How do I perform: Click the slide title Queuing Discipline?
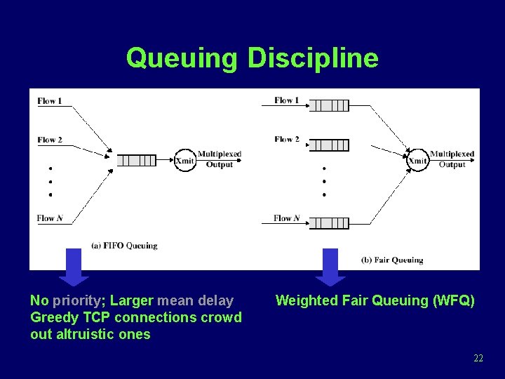252,58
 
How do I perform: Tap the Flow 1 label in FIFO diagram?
50,101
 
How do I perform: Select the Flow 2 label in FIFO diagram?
50,140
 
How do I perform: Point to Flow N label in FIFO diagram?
50,218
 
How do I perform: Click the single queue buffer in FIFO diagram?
136,160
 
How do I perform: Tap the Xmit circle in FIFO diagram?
184,160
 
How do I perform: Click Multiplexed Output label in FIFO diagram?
220,159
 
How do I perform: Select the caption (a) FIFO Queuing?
124,246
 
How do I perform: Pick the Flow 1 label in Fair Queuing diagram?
287,100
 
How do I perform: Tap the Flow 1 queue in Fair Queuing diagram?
329,106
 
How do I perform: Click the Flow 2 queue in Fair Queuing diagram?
329,145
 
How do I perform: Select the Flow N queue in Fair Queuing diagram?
329,223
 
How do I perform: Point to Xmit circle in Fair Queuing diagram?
417,160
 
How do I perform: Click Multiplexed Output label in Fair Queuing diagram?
452,159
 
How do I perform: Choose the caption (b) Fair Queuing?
392,260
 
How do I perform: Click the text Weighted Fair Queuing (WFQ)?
375,301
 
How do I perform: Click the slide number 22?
478,359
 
